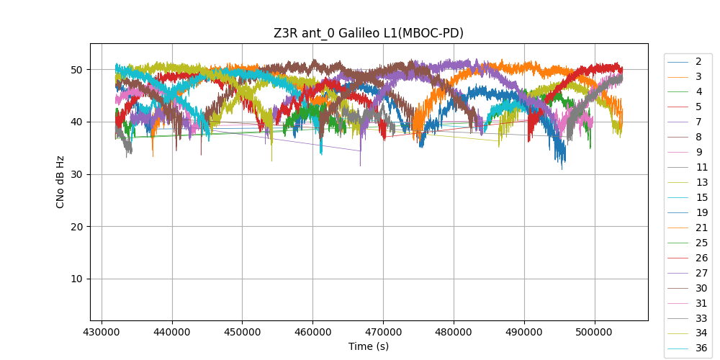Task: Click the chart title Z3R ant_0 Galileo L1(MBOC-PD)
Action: [368, 33]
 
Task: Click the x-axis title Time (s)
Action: [368, 346]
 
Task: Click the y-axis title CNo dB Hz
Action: [60, 182]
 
